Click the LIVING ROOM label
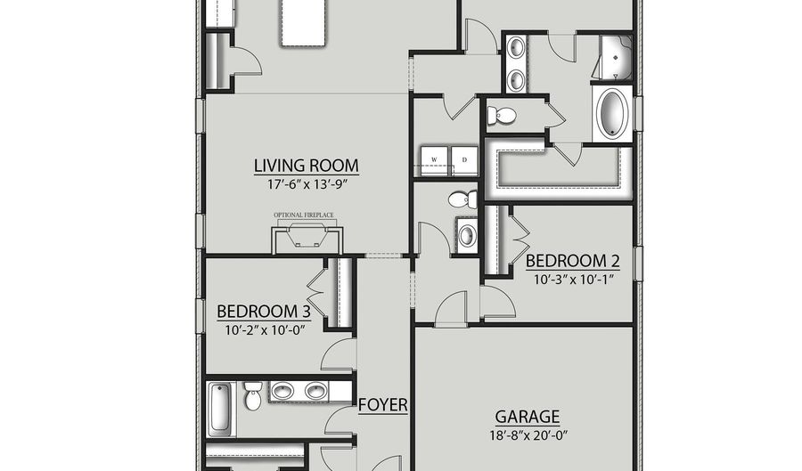click(307, 166)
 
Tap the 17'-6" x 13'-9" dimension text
click(307, 184)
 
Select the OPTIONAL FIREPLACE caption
click(304, 215)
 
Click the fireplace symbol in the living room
click(307, 238)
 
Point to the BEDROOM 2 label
click(572, 261)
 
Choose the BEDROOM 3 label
click(264, 312)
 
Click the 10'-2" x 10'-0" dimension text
click(265, 330)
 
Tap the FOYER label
click(383, 405)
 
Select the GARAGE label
click(528, 417)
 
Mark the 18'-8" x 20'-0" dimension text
click(528, 435)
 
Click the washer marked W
click(434, 161)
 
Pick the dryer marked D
click(464, 161)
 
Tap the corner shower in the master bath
click(615, 57)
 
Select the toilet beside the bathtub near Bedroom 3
click(253, 396)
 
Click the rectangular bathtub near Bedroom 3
click(220, 410)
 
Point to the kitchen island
click(303, 23)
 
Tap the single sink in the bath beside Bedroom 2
click(466, 235)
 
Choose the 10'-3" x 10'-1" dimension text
click(573, 280)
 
